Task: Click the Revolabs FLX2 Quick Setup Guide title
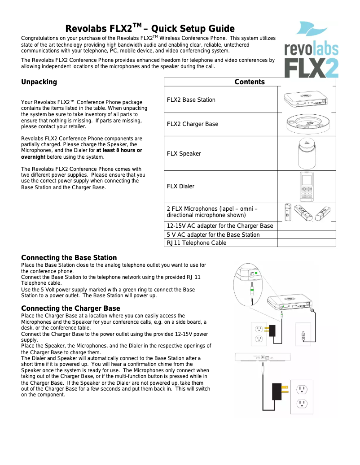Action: (x=150, y=29)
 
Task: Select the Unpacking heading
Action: (x=39, y=82)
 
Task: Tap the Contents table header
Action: (x=250, y=82)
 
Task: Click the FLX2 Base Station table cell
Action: (x=191, y=100)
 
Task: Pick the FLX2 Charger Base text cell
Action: (x=193, y=124)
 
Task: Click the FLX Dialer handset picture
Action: (x=306, y=186)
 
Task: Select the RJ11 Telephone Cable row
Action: (x=197, y=243)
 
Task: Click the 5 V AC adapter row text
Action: (x=213, y=235)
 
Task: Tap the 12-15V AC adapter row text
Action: (x=220, y=226)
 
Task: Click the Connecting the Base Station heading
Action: (x=69, y=258)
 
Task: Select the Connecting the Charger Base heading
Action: (x=70, y=309)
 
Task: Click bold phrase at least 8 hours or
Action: (x=119, y=151)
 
